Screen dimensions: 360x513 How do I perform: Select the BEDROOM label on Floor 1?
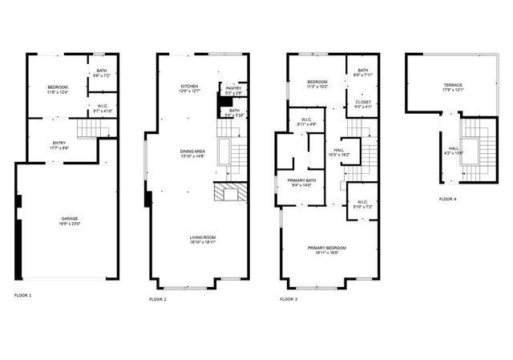click(x=57, y=87)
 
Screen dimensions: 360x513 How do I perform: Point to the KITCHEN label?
click(x=189, y=86)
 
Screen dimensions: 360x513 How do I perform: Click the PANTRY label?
click(x=233, y=88)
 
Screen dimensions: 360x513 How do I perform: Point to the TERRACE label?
click(x=453, y=85)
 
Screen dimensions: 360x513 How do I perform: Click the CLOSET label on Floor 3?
click(x=362, y=102)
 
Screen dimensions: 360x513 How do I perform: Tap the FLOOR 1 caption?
click(x=23, y=296)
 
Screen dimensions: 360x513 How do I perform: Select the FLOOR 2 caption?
click(x=158, y=299)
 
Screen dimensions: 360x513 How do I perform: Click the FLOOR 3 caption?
click(x=289, y=299)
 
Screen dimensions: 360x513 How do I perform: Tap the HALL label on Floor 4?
click(x=453, y=148)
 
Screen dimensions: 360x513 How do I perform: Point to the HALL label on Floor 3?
click(x=338, y=149)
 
